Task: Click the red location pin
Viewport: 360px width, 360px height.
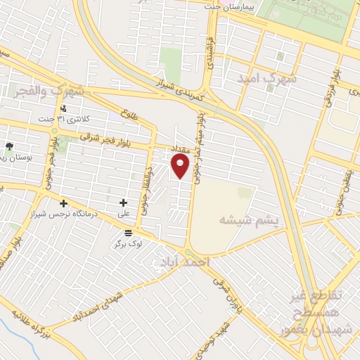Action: pyautogui.click(x=181, y=166)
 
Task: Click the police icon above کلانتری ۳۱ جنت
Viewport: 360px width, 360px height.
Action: pyautogui.click(x=64, y=108)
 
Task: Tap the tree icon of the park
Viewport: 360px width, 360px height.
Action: pyautogui.click(x=9, y=146)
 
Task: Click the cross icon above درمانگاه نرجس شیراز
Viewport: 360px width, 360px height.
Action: pyautogui.click(x=63, y=203)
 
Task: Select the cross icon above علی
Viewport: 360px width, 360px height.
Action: pyautogui.click(x=123, y=202)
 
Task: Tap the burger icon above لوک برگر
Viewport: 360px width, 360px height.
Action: pyautogui.click(x=127, y=233)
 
